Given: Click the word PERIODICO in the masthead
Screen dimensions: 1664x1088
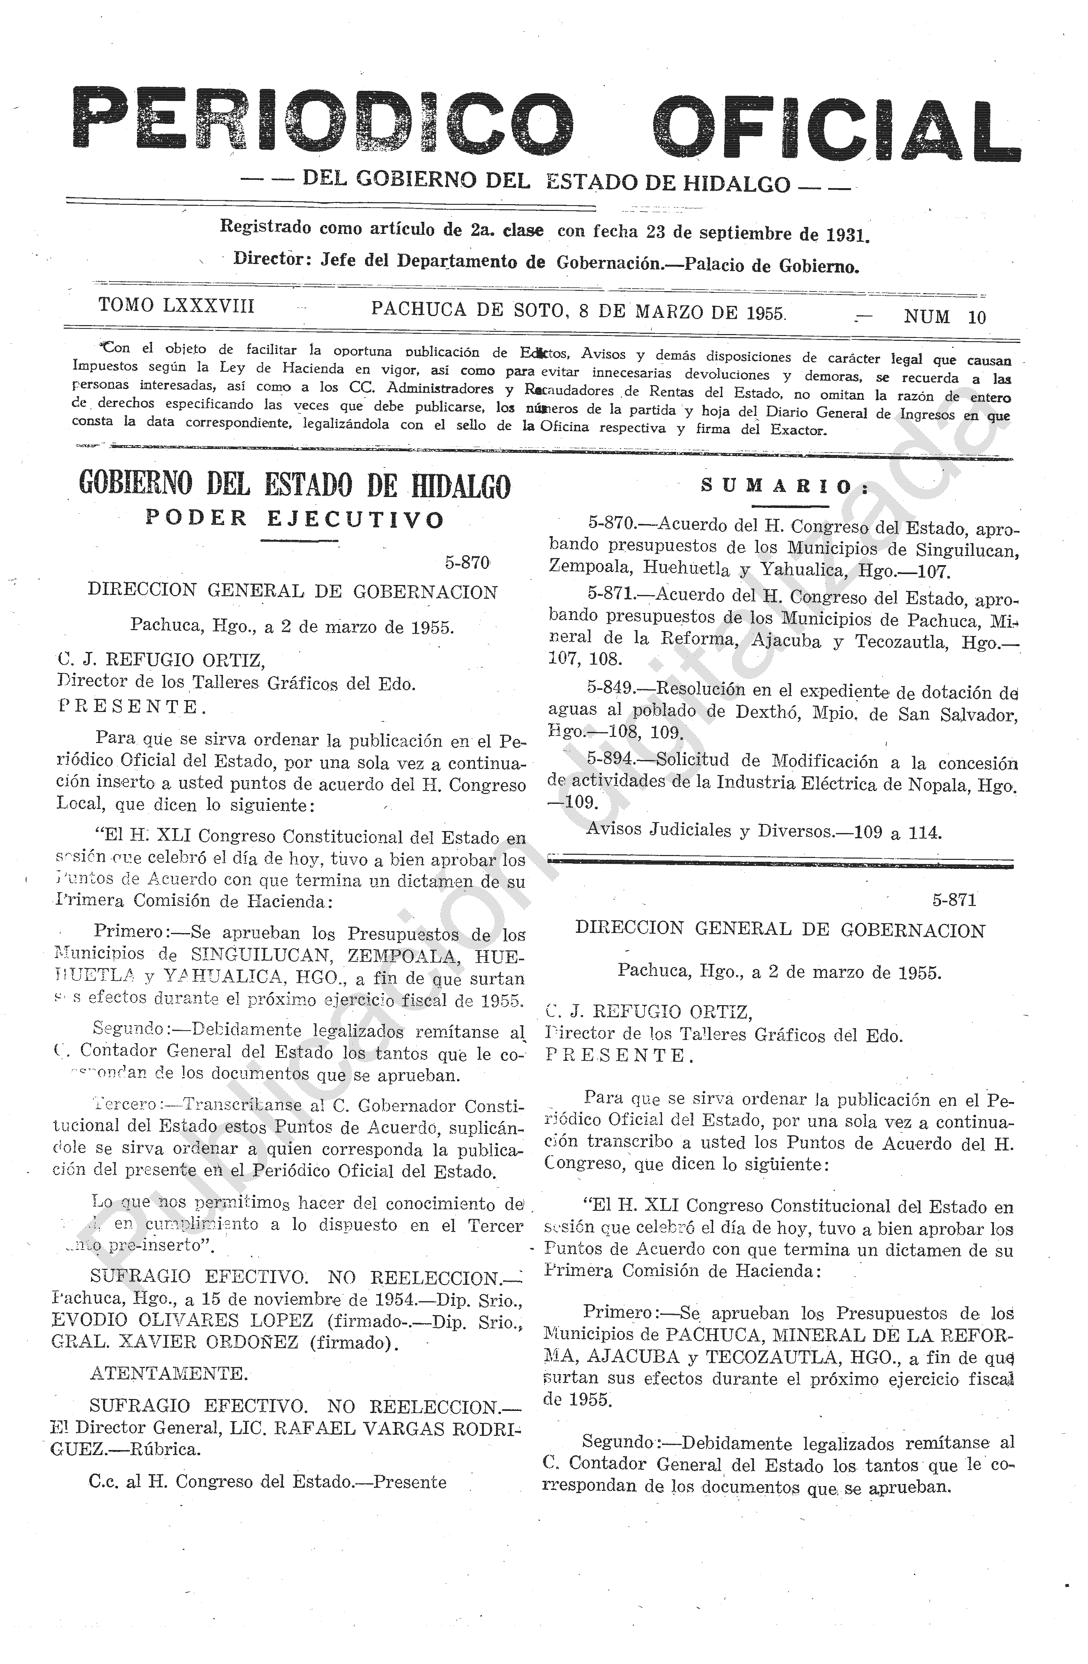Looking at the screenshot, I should pyautogui.click(x=323, y=119).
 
